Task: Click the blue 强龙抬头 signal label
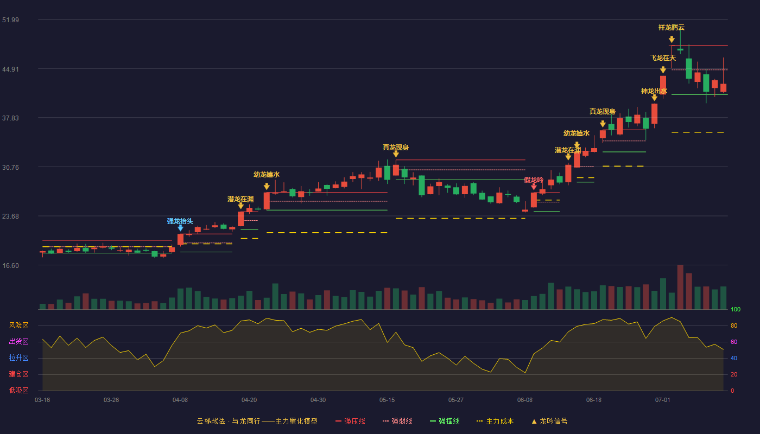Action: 180,221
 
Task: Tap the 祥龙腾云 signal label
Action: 672,28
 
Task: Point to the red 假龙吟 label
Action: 534,180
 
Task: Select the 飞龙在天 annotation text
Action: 663,58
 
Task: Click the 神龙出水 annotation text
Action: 654,91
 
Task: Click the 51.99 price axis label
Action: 10,20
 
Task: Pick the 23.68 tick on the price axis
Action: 10,216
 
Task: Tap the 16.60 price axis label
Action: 10,266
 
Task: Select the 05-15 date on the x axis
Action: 387,400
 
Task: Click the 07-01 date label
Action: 663,400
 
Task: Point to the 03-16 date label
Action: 42,400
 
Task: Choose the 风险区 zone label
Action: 18,325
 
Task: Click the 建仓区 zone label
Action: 18,374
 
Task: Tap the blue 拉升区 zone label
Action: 18,358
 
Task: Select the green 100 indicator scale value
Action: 736,310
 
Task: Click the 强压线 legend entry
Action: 350,422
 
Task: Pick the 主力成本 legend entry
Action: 495,422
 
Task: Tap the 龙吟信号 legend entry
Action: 549,422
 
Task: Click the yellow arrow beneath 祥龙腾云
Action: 672,39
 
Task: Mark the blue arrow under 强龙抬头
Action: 180,228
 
